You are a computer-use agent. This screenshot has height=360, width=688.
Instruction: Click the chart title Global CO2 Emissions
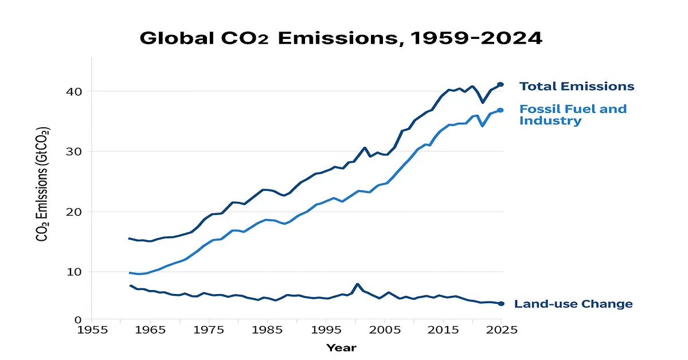(x=342, y=38)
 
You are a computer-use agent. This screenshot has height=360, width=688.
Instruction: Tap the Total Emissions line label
(x=576, y=87)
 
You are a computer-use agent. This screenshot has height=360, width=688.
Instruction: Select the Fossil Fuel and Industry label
(x=573, y=115)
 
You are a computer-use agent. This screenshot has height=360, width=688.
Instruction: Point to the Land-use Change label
(x=573, y=304)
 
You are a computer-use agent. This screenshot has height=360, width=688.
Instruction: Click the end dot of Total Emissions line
(x=500, y=84)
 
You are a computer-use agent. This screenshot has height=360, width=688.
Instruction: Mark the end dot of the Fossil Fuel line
(x=500, y=110)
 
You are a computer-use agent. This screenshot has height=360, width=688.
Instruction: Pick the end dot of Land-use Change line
(x=501, y=304)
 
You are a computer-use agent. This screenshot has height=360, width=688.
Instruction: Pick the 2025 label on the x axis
(x=501, y=330)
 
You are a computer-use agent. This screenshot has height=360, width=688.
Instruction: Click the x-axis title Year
(x=341, y=347)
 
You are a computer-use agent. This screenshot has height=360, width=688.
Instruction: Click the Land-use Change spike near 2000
(x=357, y=284)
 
